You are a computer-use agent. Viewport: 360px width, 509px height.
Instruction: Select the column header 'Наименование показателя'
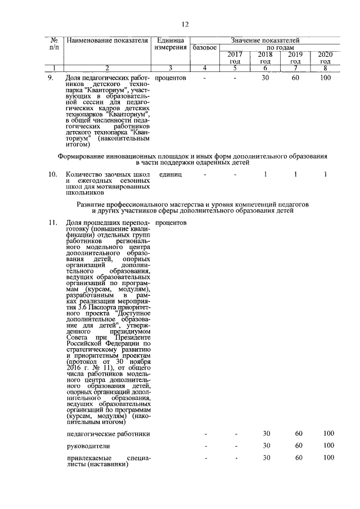pos(106,40)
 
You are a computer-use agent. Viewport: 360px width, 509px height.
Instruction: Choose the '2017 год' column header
pos(235,57)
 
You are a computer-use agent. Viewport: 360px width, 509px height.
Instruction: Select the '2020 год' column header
pos(325,57)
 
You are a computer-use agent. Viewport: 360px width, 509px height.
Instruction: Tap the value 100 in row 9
pos(325,78)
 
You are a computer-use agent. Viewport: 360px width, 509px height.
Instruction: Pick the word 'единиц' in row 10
pos(170,174)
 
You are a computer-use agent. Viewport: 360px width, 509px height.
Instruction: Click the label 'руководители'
pos(86,446)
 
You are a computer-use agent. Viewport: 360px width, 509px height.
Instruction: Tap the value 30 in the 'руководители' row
pos(267,446)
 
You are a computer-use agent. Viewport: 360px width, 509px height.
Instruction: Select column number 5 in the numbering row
pos(235,68)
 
